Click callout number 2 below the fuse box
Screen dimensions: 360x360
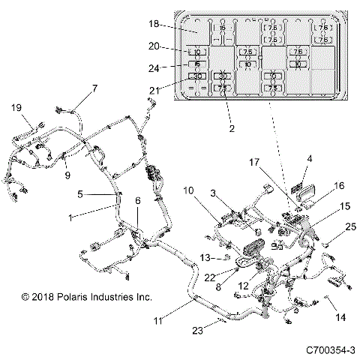click(232, 129)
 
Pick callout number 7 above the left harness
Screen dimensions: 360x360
click(95, 88)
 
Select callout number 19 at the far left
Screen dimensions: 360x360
click(16, 108)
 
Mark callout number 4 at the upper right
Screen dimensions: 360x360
click(308, 158)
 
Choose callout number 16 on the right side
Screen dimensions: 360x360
click(317, 185)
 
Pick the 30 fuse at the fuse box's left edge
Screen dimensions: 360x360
click(198, 76)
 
